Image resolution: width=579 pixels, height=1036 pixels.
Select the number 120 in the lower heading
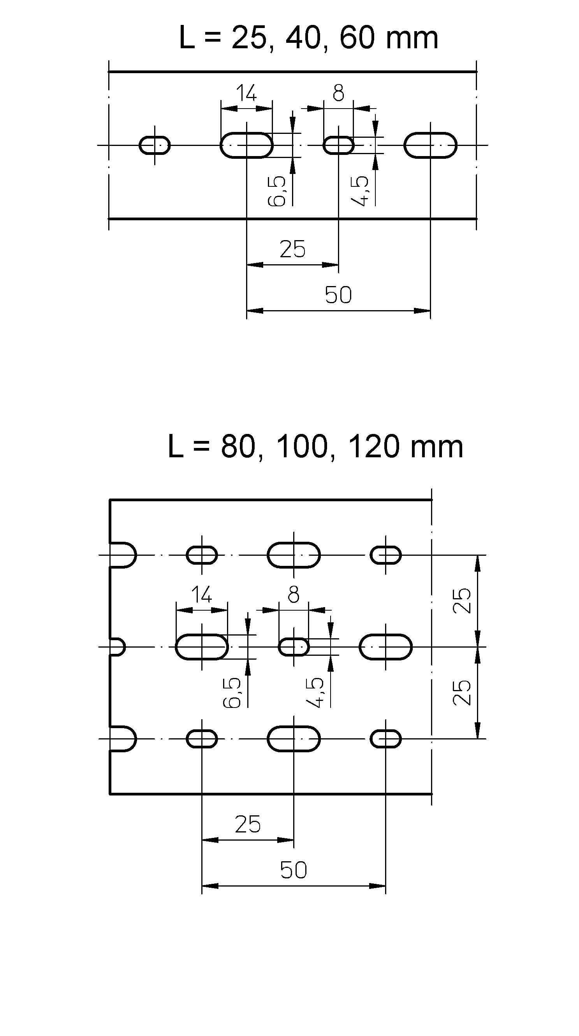pos(372,447)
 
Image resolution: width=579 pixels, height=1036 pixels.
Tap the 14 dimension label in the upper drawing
pos(246,94)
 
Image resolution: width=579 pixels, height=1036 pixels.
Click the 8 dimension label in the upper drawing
pos(338,93)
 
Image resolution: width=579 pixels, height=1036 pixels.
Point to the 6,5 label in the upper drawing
pos(277,191)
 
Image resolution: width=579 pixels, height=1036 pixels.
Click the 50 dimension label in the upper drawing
pos(338,295)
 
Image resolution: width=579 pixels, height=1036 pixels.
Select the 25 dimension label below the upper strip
pos(292,249)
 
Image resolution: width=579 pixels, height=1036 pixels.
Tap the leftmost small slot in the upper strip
pos(155,145)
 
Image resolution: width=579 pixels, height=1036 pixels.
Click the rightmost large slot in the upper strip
pos(430,145)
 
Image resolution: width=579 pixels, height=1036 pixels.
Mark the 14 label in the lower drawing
pos(201,595)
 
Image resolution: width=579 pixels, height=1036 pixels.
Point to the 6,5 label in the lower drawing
pos(232,692)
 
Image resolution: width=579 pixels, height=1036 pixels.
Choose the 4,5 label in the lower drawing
pos(315,692)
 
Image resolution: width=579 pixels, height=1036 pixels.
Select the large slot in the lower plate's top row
pos(294,555)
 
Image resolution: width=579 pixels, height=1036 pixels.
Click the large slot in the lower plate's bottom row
pos(294,738)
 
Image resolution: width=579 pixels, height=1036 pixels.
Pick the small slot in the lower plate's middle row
pos(294,647)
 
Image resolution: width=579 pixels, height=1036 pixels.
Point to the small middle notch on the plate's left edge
pos(117,647)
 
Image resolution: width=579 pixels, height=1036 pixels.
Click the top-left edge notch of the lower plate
pos(123,555)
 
